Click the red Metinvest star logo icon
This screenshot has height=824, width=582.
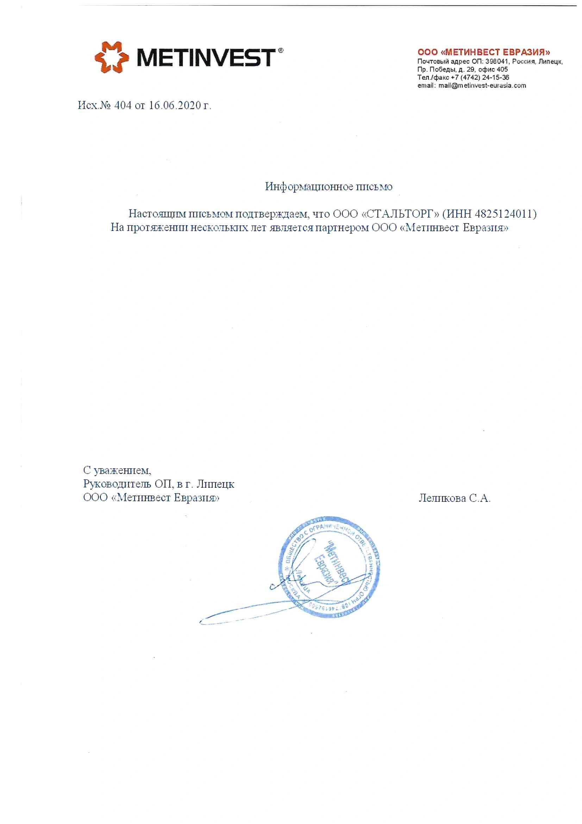pyautogui.click(x=112, y=57)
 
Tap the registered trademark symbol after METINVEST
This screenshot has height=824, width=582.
pyautogui.click(x=281, y=51)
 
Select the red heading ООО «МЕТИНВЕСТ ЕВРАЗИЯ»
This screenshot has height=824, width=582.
pyautogui.click(x=484, y=53)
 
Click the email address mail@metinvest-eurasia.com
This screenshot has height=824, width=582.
pyautogui.click(x=482, y=85)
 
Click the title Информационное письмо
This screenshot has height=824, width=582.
pyautogui.click(x=328, y=187)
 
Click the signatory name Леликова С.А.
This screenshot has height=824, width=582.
pyautogui.click(x=454, y=498)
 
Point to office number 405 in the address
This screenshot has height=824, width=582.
pyautogui.click(x=502, y=69)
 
